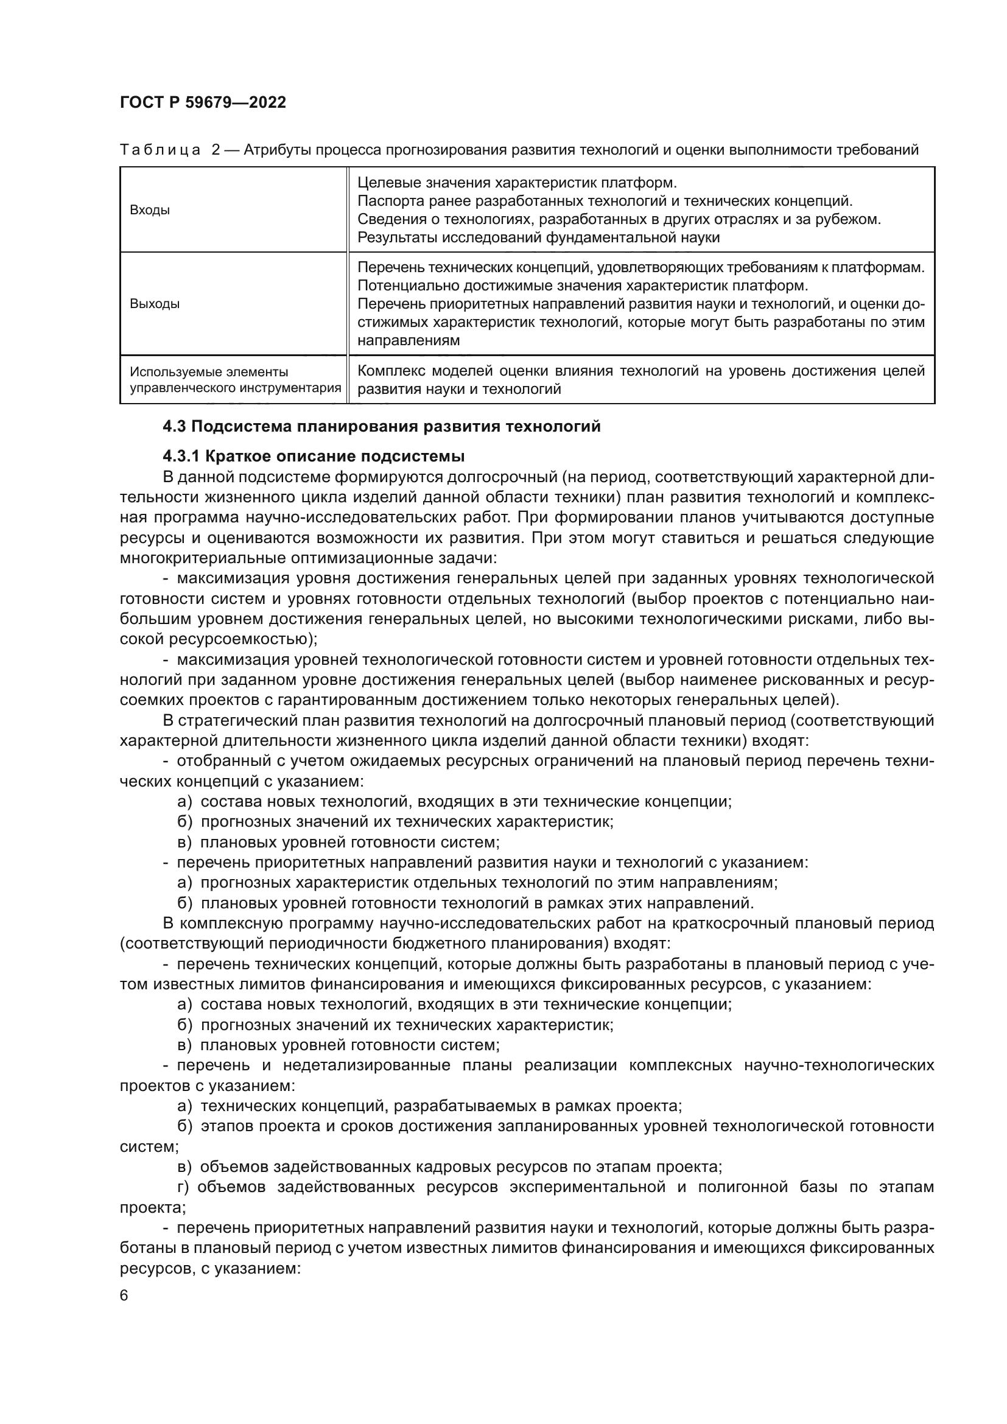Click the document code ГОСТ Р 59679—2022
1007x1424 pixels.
coord(203,103)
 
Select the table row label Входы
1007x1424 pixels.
coord(149,210)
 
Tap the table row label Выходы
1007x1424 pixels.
coord(155,304)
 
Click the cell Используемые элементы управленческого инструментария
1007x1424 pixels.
coord(234,380)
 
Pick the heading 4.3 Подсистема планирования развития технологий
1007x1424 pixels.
coord(381,427)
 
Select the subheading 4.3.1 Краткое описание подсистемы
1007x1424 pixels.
coord(313,457)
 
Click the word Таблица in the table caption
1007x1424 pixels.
coord(160,150)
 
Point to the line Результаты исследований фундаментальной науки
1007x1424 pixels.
coord(538,237)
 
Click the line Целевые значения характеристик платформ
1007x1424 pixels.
coord(517,183)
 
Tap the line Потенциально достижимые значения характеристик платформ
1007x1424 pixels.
coord(583,286)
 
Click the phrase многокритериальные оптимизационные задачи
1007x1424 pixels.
coord(308,558)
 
